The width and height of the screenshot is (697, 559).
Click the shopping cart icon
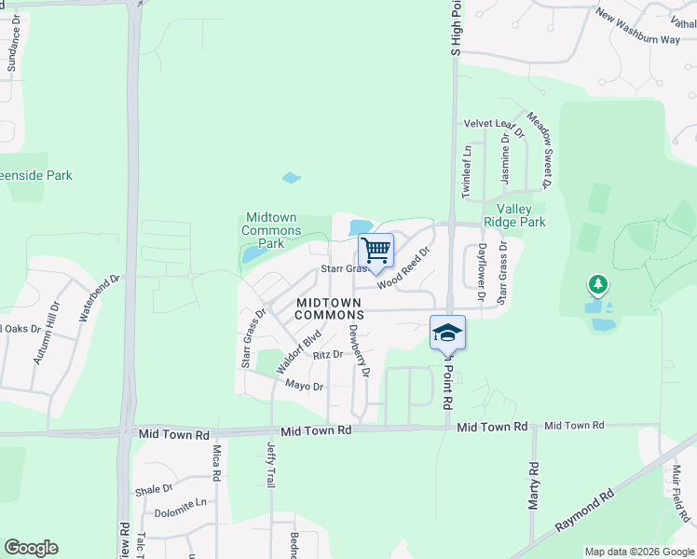(376, 250)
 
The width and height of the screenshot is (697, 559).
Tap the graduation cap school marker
(447, 333)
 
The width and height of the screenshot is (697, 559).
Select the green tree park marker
(597, 283)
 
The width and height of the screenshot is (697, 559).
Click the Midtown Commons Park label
(271, 230)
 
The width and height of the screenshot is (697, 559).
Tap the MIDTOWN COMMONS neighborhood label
(330, 309)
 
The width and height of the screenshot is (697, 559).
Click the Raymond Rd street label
(583, 509)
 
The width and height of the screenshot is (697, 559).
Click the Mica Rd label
(216, 462)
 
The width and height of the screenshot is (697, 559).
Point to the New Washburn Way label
(638, 28)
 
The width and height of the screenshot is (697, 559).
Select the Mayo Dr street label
(304, 386)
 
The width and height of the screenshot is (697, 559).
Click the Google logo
(31, 548)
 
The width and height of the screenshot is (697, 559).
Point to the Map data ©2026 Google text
(638, 552)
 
